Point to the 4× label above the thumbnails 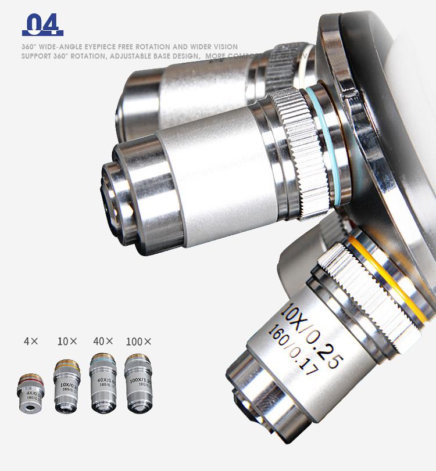coord(30,341)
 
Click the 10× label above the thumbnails coord(67,341)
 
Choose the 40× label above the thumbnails coord(103,341)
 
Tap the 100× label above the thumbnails coord(138,341)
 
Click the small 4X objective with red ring coord(31,395)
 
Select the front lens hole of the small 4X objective coord(30,409)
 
